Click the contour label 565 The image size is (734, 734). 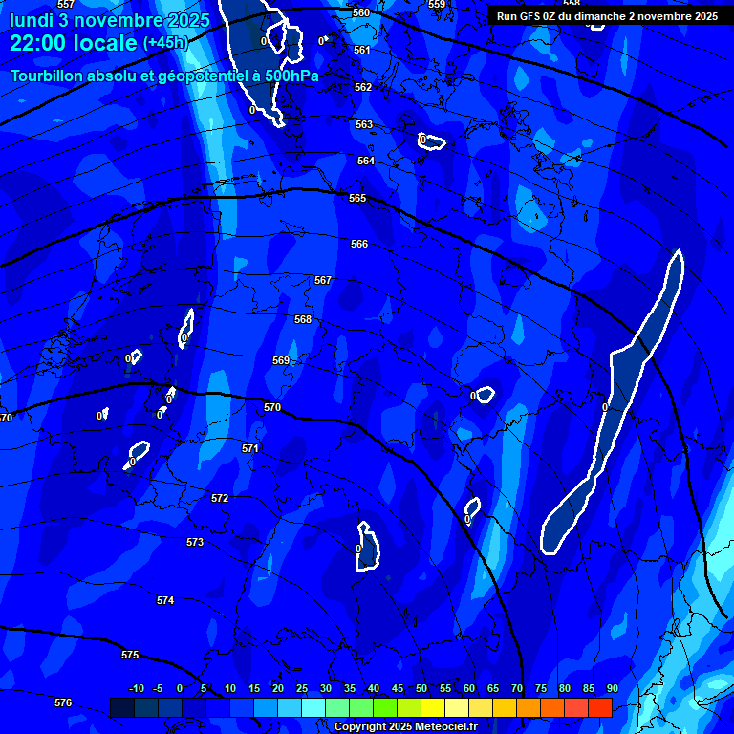[x=357, y=198]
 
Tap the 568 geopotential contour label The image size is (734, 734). [x=303, y=319]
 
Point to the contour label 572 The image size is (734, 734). [x=220, y=498]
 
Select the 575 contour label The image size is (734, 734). [x=130, y=655]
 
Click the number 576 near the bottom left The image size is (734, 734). [x=63, y=702]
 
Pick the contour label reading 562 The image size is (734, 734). [x=363, y=87]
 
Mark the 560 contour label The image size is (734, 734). [x=360, y=12]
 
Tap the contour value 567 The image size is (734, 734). [x=323, y=280]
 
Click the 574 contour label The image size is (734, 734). [x=165, y=600]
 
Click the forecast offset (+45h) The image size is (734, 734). [x=166, y=43]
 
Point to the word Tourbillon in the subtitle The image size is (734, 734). [x=48, y=76]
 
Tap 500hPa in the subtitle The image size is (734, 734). [x=291, y=76]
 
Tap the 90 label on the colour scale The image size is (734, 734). [x=612, y=688]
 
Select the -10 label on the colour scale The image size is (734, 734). [x=137, y=688]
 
